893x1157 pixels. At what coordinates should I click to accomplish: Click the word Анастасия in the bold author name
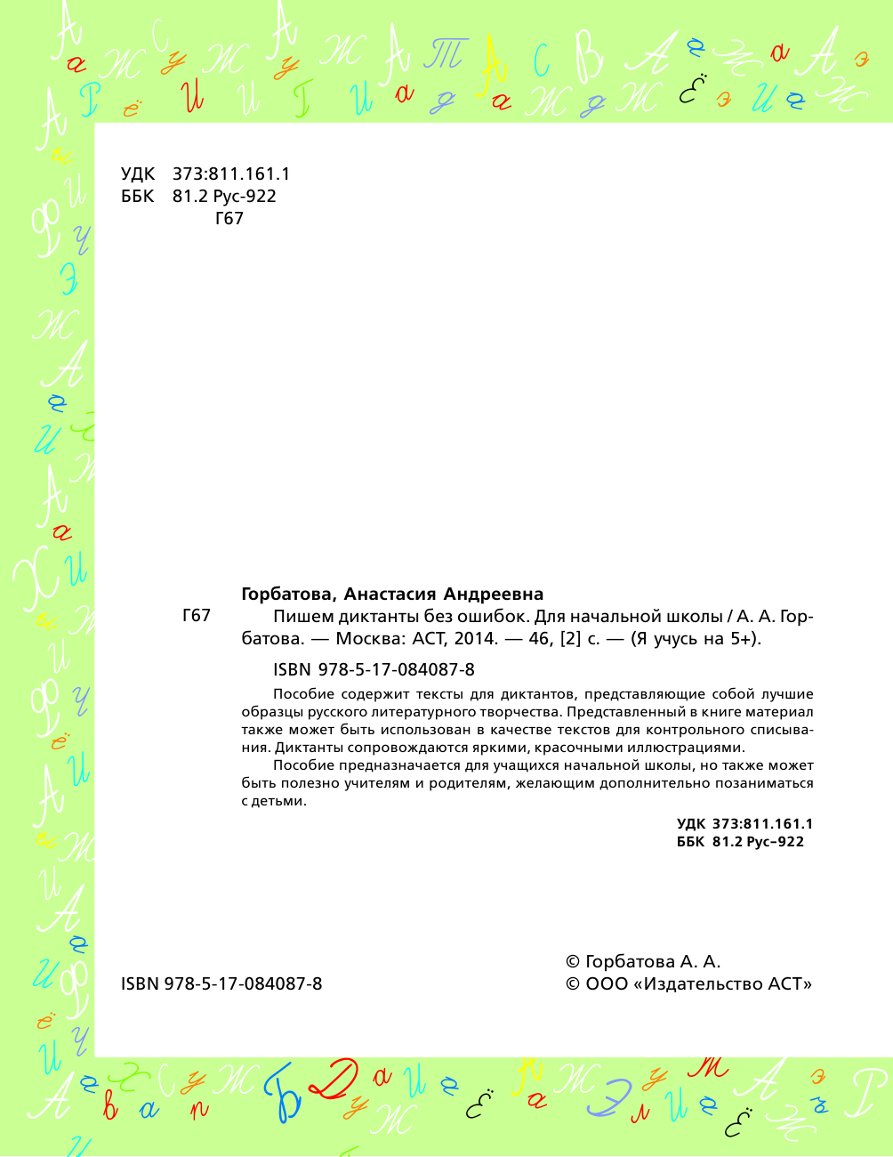pyautogui.click(x=390, y=595)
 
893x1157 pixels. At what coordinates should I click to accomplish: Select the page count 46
pyautogui.click(x=539, y=639)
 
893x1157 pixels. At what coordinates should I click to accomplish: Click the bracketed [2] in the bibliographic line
pyautogui.click(x=569, y=639)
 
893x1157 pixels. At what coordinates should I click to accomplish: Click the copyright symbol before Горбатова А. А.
pyautogui.click(x=574, y=962)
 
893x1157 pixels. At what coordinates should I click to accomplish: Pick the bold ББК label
pyautogui.click(x=690, y=842)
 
